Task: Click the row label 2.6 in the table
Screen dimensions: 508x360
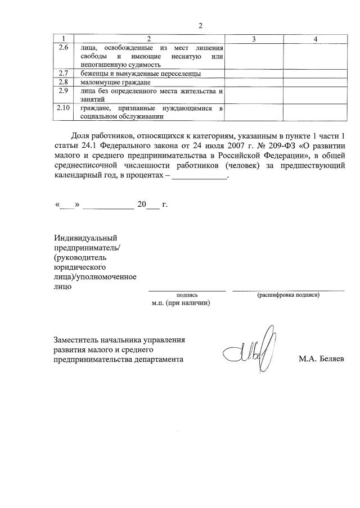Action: [64, 48]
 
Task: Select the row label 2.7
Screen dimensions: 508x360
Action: [64, 74]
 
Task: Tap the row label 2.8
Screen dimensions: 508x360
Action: [64, 82]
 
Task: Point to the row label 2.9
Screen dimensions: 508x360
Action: [64, 90]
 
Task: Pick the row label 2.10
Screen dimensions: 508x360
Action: [64, 108]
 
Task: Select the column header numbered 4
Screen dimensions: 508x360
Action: [316, 39]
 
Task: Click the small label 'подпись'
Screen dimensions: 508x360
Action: [187, 294]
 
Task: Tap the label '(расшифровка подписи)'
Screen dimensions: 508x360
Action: [288, 294]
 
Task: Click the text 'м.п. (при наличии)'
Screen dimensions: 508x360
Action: [181, 303]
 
